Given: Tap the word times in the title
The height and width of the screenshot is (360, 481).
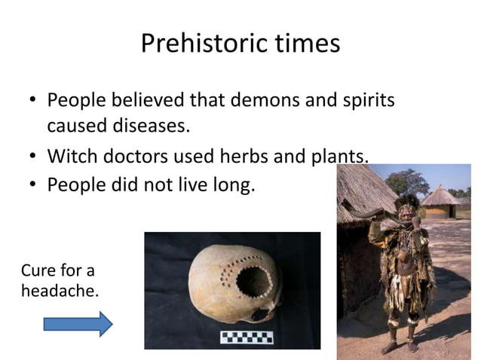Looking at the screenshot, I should (x=301, y=44).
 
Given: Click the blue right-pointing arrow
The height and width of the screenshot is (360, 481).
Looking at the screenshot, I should (x=78, y=324).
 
